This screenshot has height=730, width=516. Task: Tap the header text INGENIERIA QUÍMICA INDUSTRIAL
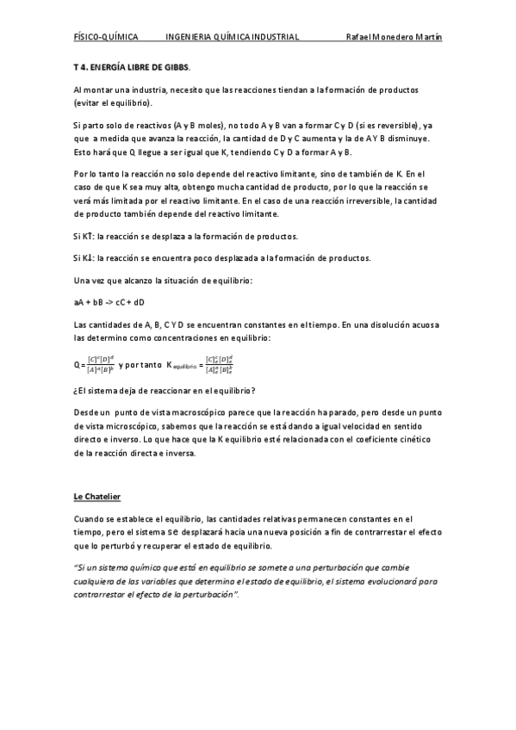[232, 38]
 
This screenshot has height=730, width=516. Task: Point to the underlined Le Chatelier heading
[97, 496]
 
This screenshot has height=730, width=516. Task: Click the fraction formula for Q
[99, 365]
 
